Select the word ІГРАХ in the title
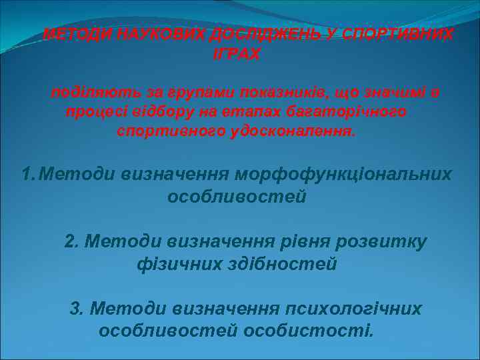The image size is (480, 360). coord(237,54)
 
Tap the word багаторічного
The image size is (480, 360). coord(353,111)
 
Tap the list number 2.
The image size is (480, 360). coord(71,241)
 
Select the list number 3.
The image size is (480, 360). coord(76,309)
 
